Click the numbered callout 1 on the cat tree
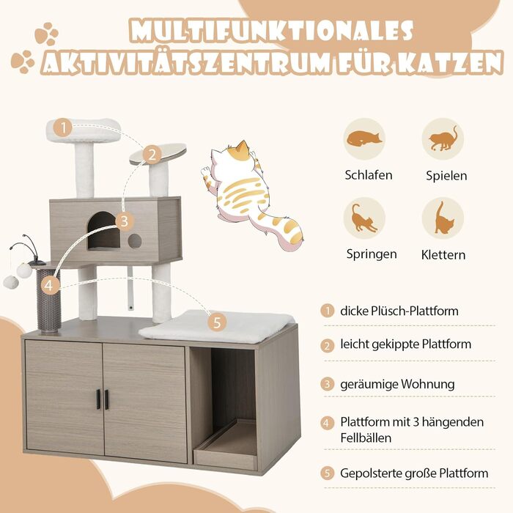click(x=63, y=128)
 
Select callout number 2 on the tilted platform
click(x=152, y=155)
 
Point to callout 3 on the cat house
click(x=124, y=221)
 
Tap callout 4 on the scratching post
click(x=49, y=285)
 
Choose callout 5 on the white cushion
click(x=217, y=322)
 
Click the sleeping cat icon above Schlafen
click(x=364, y=139)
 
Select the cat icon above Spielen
click(x=443, y=139)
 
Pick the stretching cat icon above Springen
click(x=364, y=218)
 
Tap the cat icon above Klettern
click(x=443, y=218)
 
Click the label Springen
click(x=372, y=254)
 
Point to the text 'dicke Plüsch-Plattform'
click(x=399, y=311)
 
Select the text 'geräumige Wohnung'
click(x=397, y=384)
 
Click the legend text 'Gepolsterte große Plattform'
click(x=414, y=473)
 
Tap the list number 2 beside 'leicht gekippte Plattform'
click(x=327, y=346)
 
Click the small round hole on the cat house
click(x=134, y=241)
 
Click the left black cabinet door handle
click(x=98, y=399)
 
